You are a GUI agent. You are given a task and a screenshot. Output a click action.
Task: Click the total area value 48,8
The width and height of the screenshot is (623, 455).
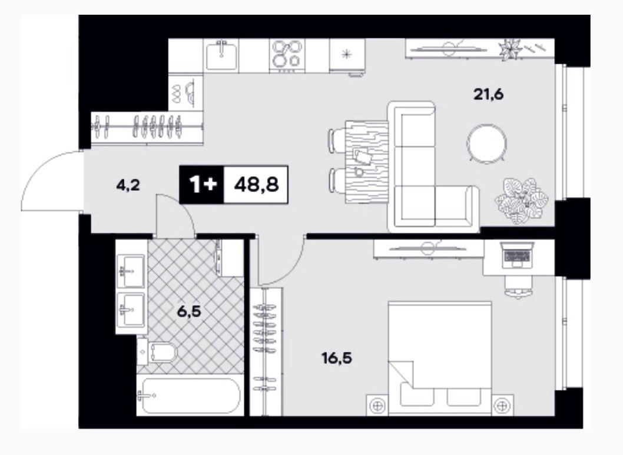pos(256,185)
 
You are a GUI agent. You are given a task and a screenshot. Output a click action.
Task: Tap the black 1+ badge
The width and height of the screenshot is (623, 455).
pos(202,185)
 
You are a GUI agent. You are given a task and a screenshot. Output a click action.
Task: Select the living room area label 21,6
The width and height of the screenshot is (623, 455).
pos(488,95)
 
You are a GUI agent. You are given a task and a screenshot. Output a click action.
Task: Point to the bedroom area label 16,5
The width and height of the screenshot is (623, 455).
pos(337,358)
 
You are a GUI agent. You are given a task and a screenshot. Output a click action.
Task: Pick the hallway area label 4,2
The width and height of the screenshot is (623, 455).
pos(128,185)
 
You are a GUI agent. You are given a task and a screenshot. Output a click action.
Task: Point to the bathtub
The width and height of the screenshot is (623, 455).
pos(188,396)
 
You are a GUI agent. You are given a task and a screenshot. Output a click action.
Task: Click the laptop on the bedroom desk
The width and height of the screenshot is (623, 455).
pos(516,254)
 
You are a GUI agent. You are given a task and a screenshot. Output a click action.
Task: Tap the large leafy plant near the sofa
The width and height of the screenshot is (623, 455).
pos(521,201)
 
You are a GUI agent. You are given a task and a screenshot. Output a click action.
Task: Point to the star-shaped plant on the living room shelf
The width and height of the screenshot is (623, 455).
pos(509,49)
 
